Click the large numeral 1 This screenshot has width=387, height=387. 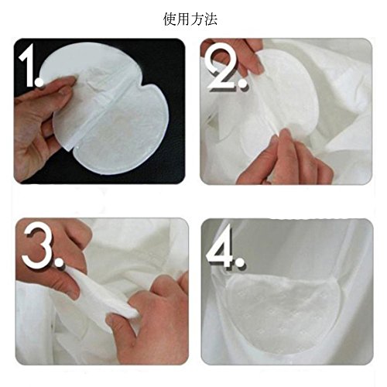point(28,64)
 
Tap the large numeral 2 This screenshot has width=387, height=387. point(222,67)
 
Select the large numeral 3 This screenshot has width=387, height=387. point(37,245)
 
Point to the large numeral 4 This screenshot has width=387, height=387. point(220,245)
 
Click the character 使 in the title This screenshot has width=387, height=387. point(170,19)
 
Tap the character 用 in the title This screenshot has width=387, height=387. point(183,19)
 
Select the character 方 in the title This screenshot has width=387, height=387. point(197,19)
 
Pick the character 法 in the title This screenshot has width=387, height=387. point(211,19)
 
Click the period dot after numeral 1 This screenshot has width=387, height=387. point(39,81)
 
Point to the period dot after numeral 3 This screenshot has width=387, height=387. point(59,262)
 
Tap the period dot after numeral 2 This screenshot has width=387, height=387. point(242,84)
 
